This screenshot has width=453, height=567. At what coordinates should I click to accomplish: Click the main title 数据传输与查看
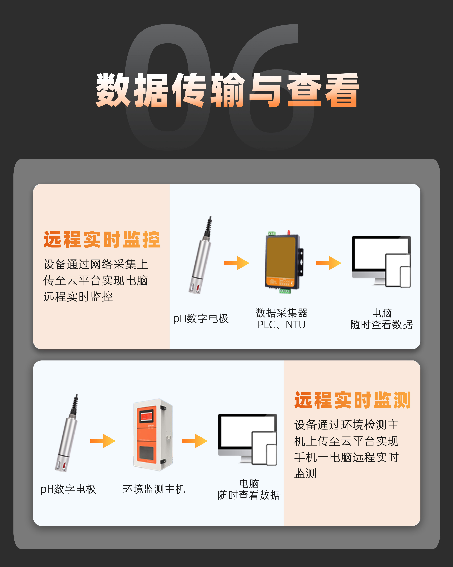pos(227,90)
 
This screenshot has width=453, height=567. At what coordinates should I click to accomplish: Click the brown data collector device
pos(284,262)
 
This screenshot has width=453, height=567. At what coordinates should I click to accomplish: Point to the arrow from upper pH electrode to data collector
pos(237,263)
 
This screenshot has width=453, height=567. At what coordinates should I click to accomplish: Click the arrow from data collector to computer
pos(329,263)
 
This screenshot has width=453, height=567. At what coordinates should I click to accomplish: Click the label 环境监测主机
pos(154,489)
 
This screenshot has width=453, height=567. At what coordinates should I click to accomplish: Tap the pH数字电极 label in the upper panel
pos(201,319)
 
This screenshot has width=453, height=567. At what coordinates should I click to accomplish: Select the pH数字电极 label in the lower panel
pos(68,489)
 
